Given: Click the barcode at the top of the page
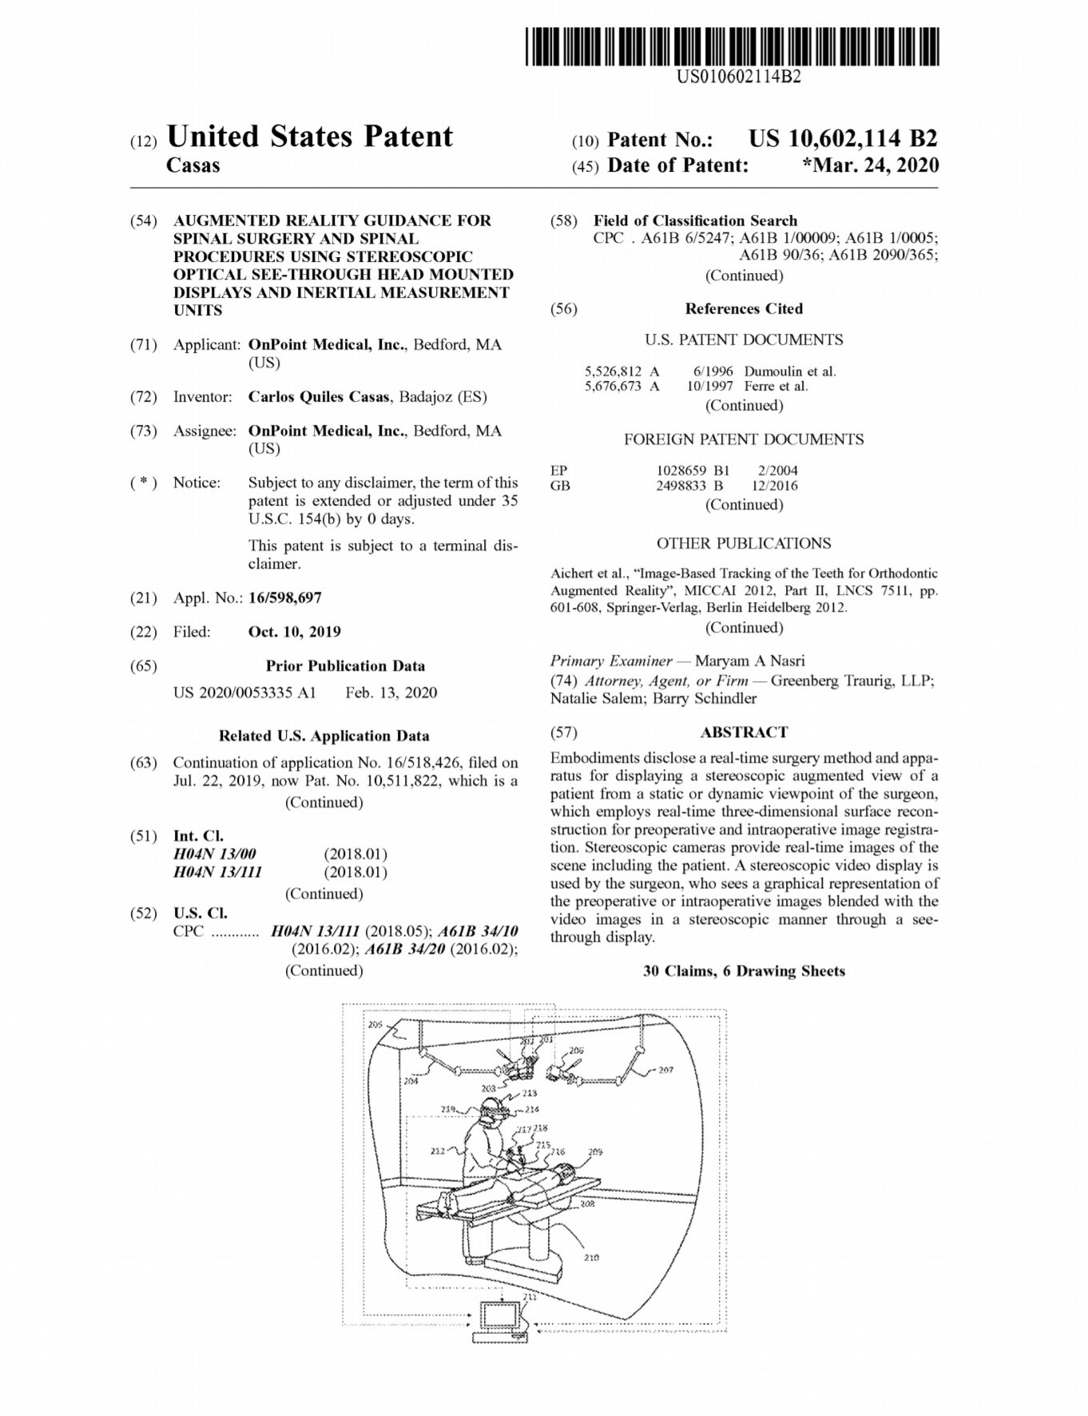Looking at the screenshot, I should (x=732, y=46).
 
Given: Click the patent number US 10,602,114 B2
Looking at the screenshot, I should (x=843, y=139).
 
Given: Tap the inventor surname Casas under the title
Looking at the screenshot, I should (x=193, y=165).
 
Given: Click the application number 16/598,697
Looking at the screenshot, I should (x=285, y=597).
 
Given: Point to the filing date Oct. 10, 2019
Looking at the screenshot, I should (x=294, y=632).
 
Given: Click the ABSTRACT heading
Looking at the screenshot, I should (x=744, y=732).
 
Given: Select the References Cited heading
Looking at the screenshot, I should (x=744, y=309).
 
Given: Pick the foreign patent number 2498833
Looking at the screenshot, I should (x=678, y=486).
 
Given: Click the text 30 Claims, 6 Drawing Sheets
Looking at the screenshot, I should (x=744, y=971).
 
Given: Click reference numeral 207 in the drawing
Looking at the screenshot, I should (x=665, y=1070).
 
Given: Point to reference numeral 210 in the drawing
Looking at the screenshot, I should (x=591, y=1257).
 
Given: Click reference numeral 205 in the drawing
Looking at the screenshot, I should (x=375, y=1025).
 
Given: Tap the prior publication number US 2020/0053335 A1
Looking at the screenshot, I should (x=244, y=692).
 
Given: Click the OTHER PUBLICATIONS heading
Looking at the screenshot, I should (x=744, y=544).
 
